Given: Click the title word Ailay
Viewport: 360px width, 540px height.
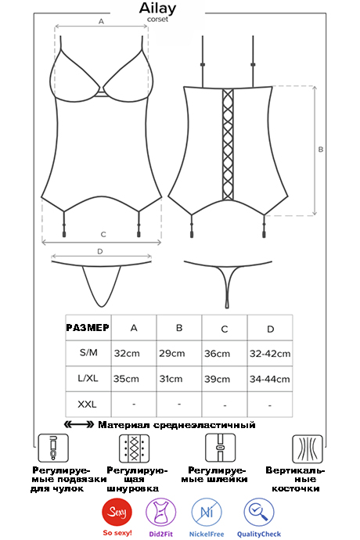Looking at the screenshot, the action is click(x=157, y=9).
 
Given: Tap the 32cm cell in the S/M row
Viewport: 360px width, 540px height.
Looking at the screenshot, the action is click(x=127, y=353).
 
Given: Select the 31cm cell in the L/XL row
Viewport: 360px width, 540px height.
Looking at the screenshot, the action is click(x=171, y=379).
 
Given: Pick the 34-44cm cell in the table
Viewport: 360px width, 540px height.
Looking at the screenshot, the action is click(x=270, y=379).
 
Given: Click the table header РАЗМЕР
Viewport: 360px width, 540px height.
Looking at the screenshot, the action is click(x=88, y=327).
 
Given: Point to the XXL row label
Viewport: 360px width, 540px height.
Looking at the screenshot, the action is click(x=87, y=404).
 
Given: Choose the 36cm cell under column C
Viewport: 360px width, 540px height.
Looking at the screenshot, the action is click(x=217, y=354).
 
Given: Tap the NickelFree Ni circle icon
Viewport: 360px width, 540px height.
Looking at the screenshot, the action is click(x=207, y=513).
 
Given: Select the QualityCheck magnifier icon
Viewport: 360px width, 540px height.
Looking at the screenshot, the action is click(x=259, y=513).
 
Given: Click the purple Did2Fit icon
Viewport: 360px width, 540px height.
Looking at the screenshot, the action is click(x=161, y=513).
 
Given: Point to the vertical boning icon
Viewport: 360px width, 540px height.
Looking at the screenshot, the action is click(x=308, y=448).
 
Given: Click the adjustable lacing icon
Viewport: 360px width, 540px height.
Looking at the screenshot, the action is click(x=134, y=448).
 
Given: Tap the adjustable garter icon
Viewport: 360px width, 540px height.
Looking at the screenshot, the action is click(x=53, y=448).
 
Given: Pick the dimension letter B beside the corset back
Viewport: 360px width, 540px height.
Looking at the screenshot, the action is click(x=320, y=149).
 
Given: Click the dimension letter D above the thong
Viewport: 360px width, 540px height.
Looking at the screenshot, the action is click(x=100, y=251).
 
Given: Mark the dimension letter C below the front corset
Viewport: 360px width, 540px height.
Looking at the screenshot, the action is click(x=103, y=235).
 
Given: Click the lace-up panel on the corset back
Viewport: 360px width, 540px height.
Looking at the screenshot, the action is click(x=228, y=144).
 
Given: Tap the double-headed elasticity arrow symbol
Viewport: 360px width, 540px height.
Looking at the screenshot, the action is click(x=79, y=425).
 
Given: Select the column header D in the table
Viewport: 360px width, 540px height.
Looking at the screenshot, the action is click(x=271, y=329).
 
